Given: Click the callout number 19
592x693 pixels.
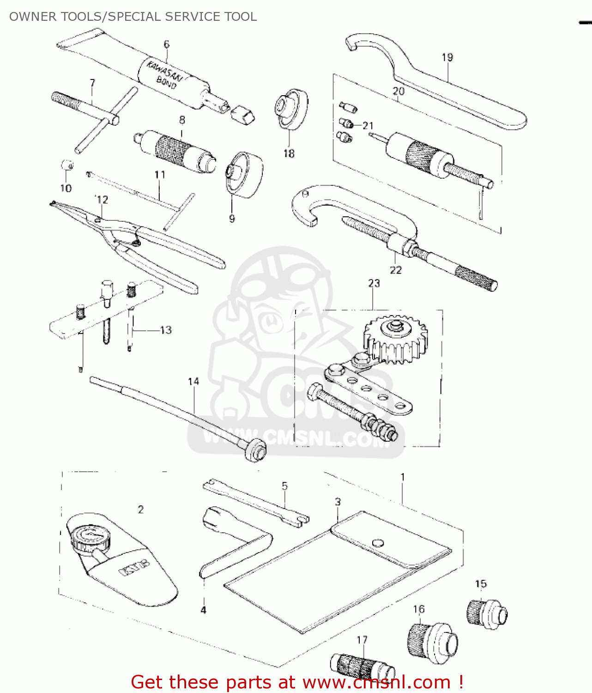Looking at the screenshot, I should pos(447,57).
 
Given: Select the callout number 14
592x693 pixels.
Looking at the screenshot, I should pos(193,382).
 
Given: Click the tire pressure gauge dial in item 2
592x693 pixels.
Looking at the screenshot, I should pos(90,536).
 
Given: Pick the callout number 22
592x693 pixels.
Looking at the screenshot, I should pos(396,270).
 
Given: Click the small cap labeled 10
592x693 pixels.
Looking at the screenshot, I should pos(67,165).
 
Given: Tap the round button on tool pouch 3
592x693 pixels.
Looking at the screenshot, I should pos(378,543).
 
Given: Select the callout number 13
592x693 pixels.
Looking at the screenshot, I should pos(166,330).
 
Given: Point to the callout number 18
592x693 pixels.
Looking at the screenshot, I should pos(289,153).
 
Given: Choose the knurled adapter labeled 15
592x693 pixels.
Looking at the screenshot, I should pos(487,614).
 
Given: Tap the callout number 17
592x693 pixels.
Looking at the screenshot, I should pos(362,640).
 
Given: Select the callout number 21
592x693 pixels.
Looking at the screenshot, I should pos(368,126).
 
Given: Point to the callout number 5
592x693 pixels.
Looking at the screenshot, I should pos(284,486).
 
